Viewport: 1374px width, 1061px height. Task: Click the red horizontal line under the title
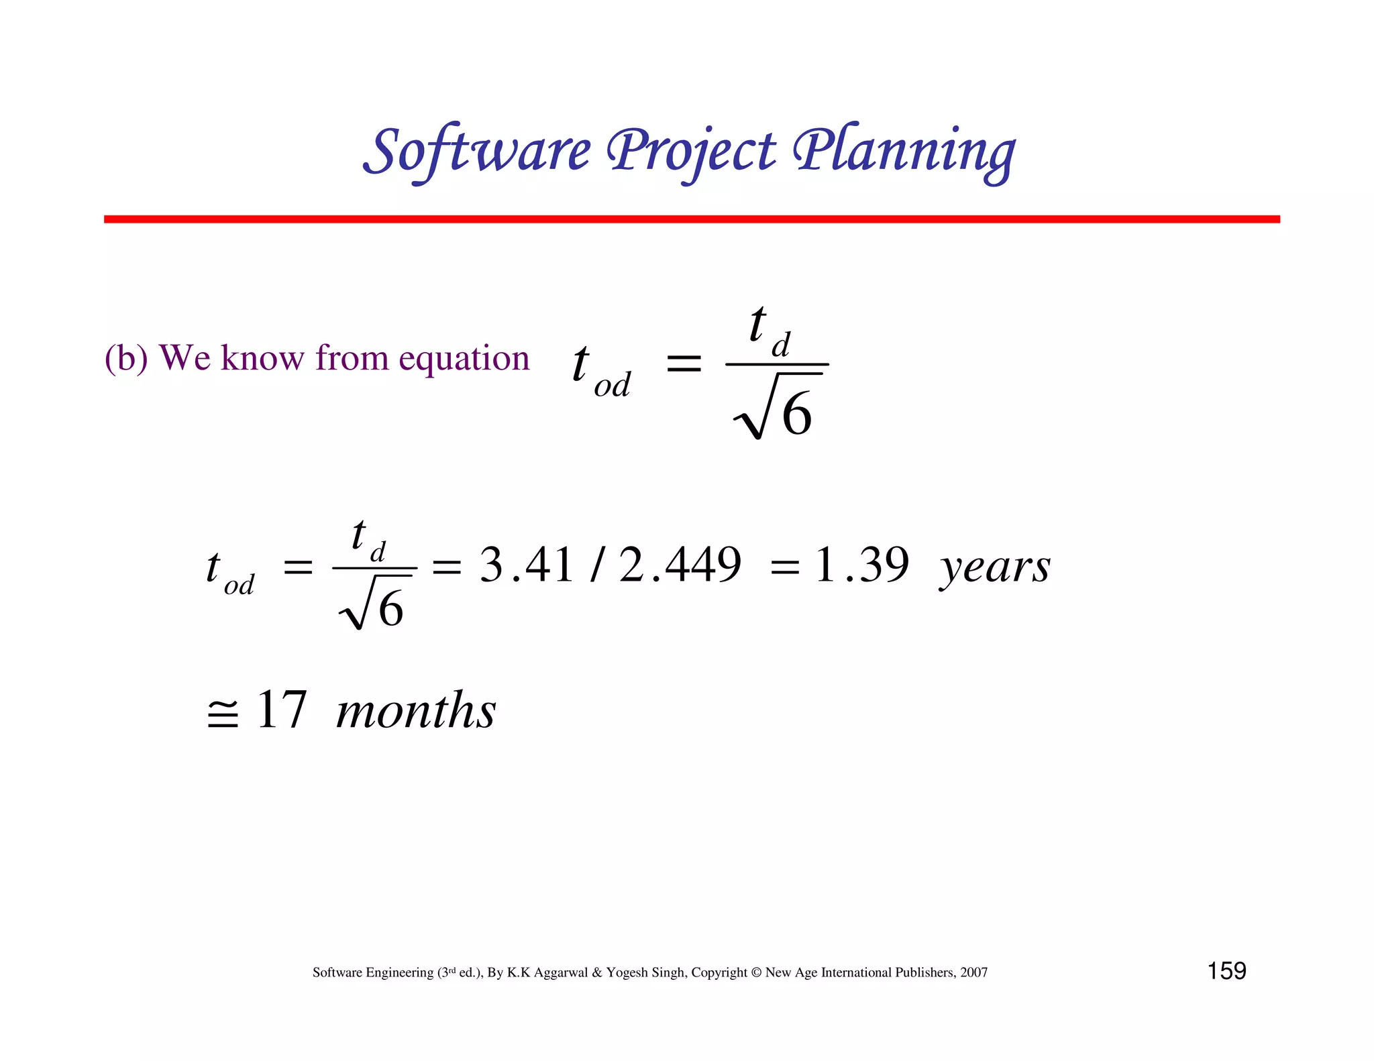691,219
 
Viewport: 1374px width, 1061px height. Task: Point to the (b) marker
125,358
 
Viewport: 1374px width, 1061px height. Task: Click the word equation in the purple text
464,359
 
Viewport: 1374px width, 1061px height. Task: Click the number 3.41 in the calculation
527,565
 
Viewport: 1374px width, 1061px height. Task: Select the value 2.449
680,565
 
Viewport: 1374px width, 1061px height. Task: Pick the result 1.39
861,565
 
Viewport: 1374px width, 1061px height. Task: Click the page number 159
1226,971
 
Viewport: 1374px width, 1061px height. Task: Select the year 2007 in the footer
973,972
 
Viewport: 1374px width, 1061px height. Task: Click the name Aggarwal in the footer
561,973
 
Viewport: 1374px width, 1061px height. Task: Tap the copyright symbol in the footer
756,972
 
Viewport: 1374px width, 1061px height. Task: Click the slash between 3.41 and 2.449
595,565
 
